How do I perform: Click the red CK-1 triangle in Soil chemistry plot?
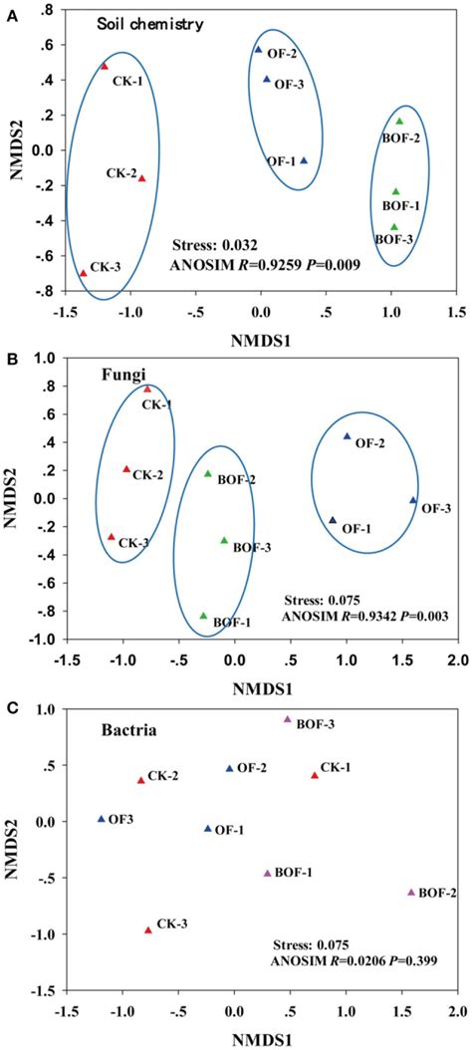[104, 66]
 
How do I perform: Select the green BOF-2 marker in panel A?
[399, 122]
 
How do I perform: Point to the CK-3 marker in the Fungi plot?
[112, 537]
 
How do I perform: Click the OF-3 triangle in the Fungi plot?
[413, 500]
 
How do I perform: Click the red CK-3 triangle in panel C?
[148, 929]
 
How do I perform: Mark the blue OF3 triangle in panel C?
[101, 819]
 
